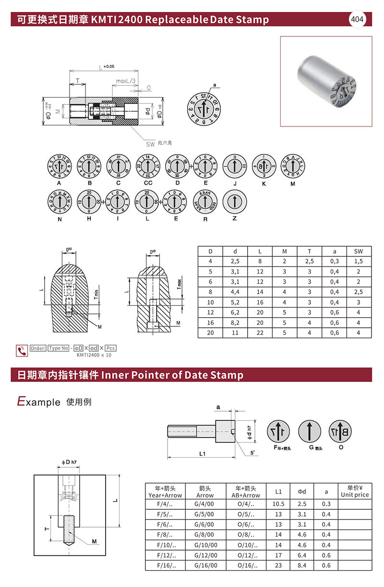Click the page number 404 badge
click(357, 19)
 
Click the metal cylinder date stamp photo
click(325, 81)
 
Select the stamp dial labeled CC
click(147, 166)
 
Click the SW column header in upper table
click(358, 251)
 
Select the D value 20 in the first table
click(210, 333)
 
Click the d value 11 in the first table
click(235, 333)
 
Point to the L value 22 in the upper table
click(260, 333)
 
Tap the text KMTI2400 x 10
click(94, 355)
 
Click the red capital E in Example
click(21, 401)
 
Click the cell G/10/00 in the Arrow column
click(205, 545)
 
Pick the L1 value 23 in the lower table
click(278, 565)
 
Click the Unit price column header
click(355, 492)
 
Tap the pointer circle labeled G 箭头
click(310, 431)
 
